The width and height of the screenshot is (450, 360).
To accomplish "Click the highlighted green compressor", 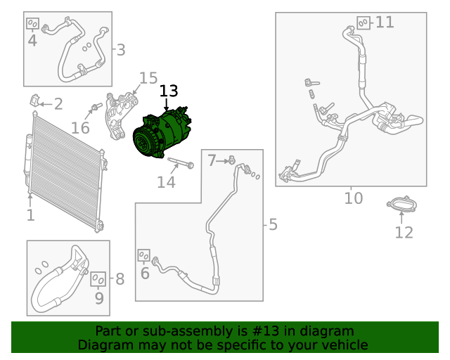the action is coord(162,133).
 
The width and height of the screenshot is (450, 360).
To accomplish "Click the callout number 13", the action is coord(169,91).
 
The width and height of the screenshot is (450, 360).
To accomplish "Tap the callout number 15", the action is coord(148,78).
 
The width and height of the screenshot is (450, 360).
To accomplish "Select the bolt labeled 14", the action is coord(181,162).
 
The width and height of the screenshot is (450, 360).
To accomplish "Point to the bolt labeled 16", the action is coord(97,106).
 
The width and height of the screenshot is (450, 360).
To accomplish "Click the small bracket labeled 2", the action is coord(34,100).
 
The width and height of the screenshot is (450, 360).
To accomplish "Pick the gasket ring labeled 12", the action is coord(401,204).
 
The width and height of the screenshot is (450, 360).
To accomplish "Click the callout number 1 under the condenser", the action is coord(30,215).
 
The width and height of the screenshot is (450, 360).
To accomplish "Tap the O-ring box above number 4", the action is coord(32,23).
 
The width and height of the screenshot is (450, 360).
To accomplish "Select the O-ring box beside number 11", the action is coord(364,22).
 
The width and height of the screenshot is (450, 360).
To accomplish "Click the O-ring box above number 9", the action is coord(98,279).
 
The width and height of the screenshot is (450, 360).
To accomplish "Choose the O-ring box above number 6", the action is coord(143,255).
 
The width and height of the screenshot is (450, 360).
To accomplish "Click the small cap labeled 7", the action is coord(232,160).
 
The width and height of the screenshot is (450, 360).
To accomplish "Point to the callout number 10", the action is coord(354,198).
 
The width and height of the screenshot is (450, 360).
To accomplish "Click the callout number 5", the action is coord(273,224).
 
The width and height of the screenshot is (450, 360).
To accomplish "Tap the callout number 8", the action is coord(120,278).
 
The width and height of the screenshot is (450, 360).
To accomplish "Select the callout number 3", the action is coord(121,50).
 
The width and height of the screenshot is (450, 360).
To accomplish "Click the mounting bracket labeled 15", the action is coord(120,116).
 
